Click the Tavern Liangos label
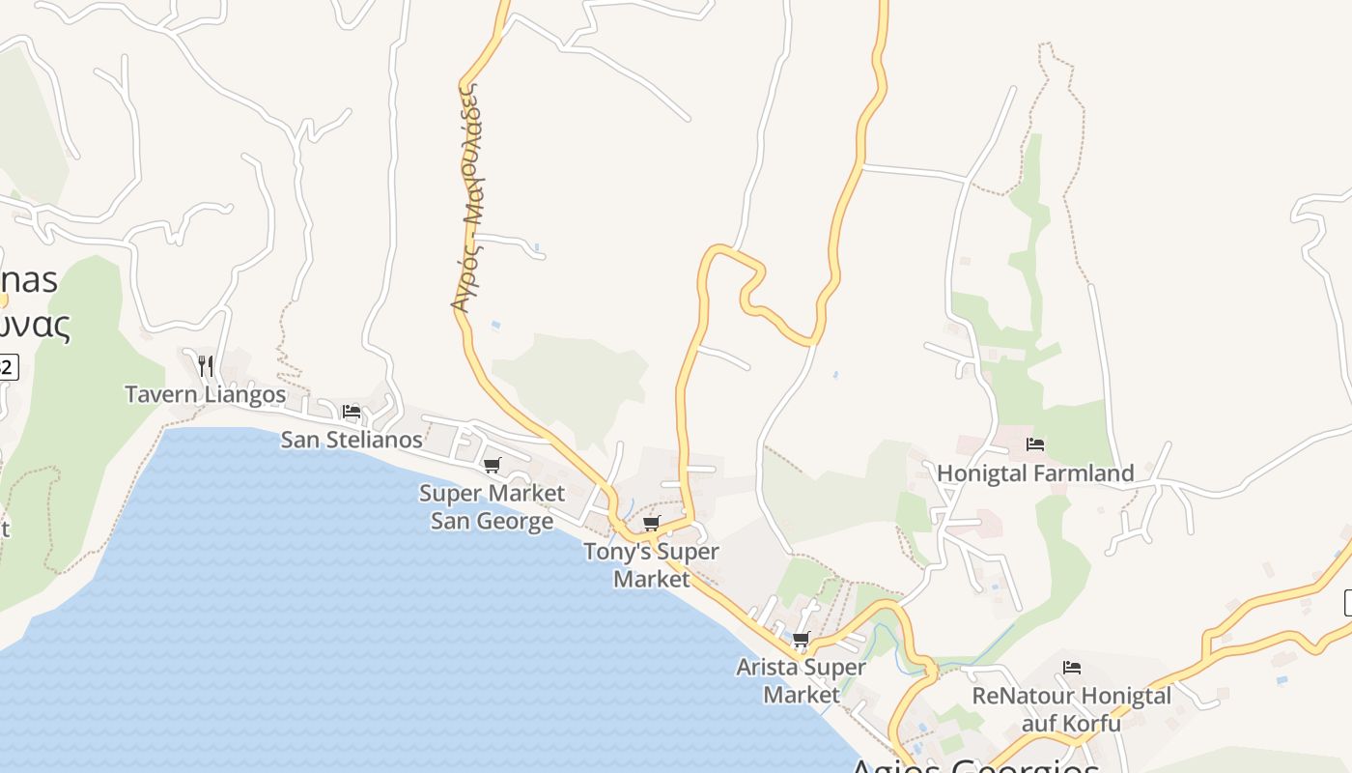[205, 394]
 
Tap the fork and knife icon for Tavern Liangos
[205, 365]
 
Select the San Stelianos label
[352, 440]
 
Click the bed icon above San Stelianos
[352, 412]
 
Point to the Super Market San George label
[492, 507]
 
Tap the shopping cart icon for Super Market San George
[492, 466]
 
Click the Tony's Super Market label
[652, 565]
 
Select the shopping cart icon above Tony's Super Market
[651, 524]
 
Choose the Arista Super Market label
[802, 680]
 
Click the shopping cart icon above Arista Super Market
[801, 640]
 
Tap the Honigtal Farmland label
[1035, 473]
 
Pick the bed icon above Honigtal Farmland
[1035, 444]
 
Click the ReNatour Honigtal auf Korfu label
[1071, 709]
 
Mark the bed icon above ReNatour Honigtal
[1071, 668]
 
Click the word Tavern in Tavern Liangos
[158, 394]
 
